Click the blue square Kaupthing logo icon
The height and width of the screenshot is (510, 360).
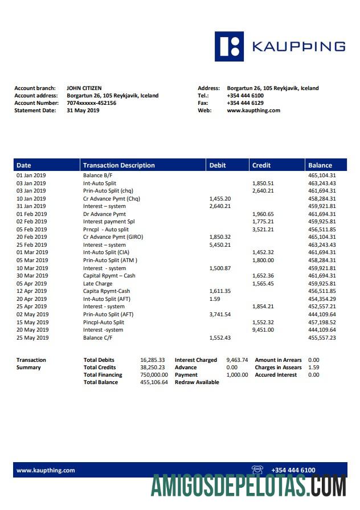(x=229, y=46)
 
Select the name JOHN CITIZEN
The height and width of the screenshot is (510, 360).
(x=84, y=88)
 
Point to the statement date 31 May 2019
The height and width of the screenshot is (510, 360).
(x=83, y=111)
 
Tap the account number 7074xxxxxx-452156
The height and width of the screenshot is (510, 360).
(x=91, y=103)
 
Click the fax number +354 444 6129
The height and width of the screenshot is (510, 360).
(x=245, y=103)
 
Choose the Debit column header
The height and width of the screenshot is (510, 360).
(x=218, y=165)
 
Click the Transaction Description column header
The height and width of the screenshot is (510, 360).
(x=118, y=165)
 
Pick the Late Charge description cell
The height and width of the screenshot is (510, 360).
(x=97, y=283)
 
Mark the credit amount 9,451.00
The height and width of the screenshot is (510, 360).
(x=263, y=330)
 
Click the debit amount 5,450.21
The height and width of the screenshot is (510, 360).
(x=220, y=244)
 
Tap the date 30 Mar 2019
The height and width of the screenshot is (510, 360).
(x=32, y=276)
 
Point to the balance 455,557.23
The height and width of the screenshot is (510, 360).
(x=322, y=337)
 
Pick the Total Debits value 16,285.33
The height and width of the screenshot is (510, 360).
(x=153, y=360)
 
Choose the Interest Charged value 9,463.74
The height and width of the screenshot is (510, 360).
(x=237, y=360)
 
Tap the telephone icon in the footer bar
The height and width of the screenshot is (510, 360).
(x=257, y=470)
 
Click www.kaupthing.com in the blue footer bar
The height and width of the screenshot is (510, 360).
(x=46, y=470)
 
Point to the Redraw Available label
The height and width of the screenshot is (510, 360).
(x=197, y=382)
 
